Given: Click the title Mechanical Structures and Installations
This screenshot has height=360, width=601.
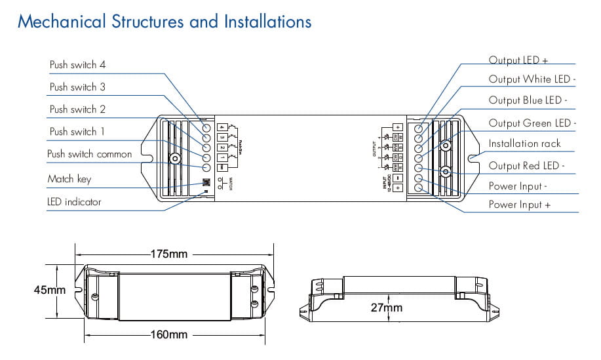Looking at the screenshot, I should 165,22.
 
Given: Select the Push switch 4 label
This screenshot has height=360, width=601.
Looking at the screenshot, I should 77,65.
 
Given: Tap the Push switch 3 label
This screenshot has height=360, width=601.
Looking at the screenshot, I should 77,87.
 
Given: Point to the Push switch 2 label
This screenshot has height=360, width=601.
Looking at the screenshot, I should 77,110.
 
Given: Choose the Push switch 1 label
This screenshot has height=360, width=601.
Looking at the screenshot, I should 77,132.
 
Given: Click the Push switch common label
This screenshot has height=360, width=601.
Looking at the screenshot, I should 90,154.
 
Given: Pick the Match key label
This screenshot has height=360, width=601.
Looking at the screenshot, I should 69,179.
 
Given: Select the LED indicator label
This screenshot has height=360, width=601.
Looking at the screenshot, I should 74,202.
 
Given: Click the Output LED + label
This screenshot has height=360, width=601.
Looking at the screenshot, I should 518,60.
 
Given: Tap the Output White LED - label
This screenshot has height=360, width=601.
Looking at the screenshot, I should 532,79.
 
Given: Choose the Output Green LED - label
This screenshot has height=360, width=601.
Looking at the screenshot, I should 532,123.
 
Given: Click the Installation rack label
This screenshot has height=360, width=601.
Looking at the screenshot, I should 525,144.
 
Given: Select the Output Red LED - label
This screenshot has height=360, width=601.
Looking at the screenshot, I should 527,166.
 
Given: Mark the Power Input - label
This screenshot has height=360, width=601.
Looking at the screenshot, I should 518,186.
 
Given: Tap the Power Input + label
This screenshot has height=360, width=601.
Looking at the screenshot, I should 518,205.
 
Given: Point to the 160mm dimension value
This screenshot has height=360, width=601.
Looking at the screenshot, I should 169,335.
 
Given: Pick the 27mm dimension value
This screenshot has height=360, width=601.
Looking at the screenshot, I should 386,307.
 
